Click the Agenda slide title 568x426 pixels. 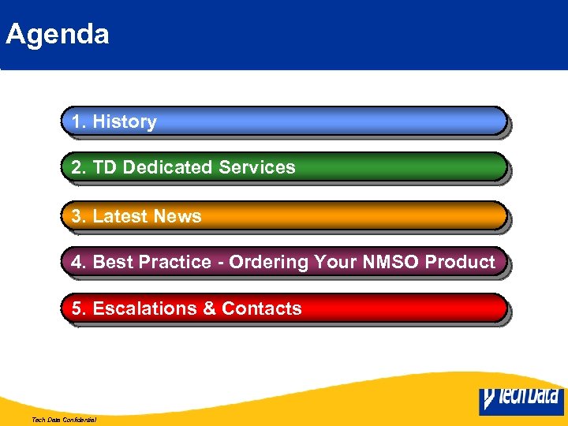coord(57,35)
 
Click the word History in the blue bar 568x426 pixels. coord(125,121)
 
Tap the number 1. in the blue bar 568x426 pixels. coord(79,121)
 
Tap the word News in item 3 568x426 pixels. coord(177,216)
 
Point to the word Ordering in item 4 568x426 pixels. coord(268,262)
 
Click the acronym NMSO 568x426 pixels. coord(388,262)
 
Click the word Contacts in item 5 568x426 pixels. coord(262,308)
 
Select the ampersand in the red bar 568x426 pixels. coord(210,308)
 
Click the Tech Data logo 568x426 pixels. coord(521,399)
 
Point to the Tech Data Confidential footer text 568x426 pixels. coord(64,420)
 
